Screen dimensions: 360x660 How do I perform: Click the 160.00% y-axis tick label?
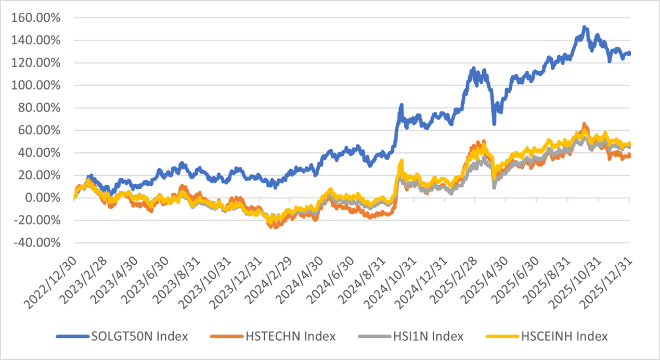[35, 18]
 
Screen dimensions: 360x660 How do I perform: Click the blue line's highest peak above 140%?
[584, 27]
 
